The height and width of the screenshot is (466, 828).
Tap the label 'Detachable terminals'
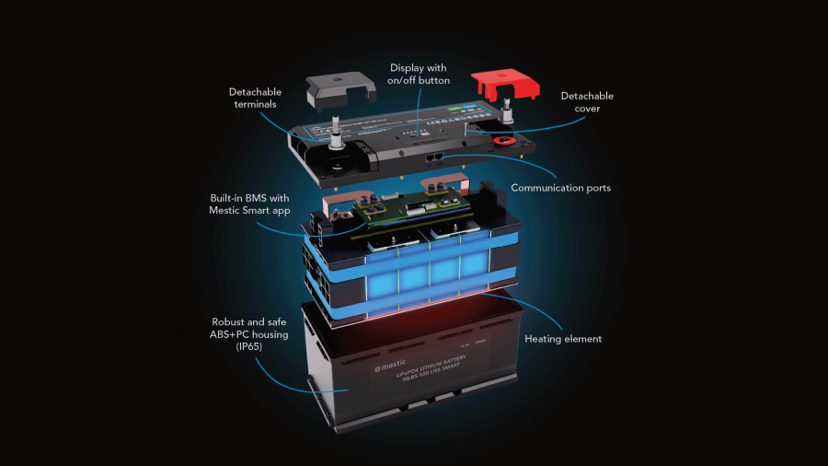coord(255,99)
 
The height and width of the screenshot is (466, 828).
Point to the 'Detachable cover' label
coord(587,102)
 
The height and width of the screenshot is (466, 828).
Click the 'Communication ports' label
coord(561,188)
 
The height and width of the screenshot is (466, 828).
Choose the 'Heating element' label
coord(563,339)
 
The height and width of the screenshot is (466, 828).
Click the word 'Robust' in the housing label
coord(228,321)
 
